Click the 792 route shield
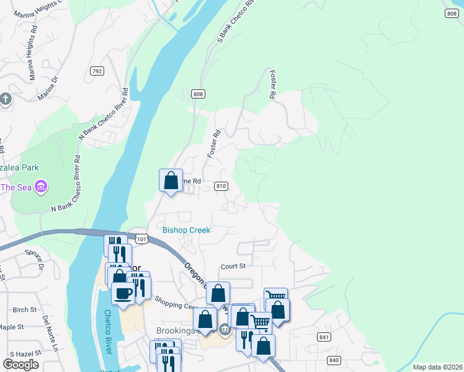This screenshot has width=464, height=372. [x=96, y=71]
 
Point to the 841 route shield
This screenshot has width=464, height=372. [x=324, y=337]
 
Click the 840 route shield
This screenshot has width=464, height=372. [x=334, y=360]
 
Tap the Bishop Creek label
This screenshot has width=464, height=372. [x=186, y=230]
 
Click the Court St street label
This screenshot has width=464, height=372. [x=233, y=267]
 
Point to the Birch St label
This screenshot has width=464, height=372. [x=25, y=309]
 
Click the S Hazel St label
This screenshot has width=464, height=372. [x=19, y=352]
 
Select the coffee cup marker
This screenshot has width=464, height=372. [x=123, y=293]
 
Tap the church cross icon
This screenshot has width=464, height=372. [x=6, y=99]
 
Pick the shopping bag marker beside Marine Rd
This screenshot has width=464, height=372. [x=171, y=180]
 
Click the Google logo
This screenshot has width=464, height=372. [x=20, y=364]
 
